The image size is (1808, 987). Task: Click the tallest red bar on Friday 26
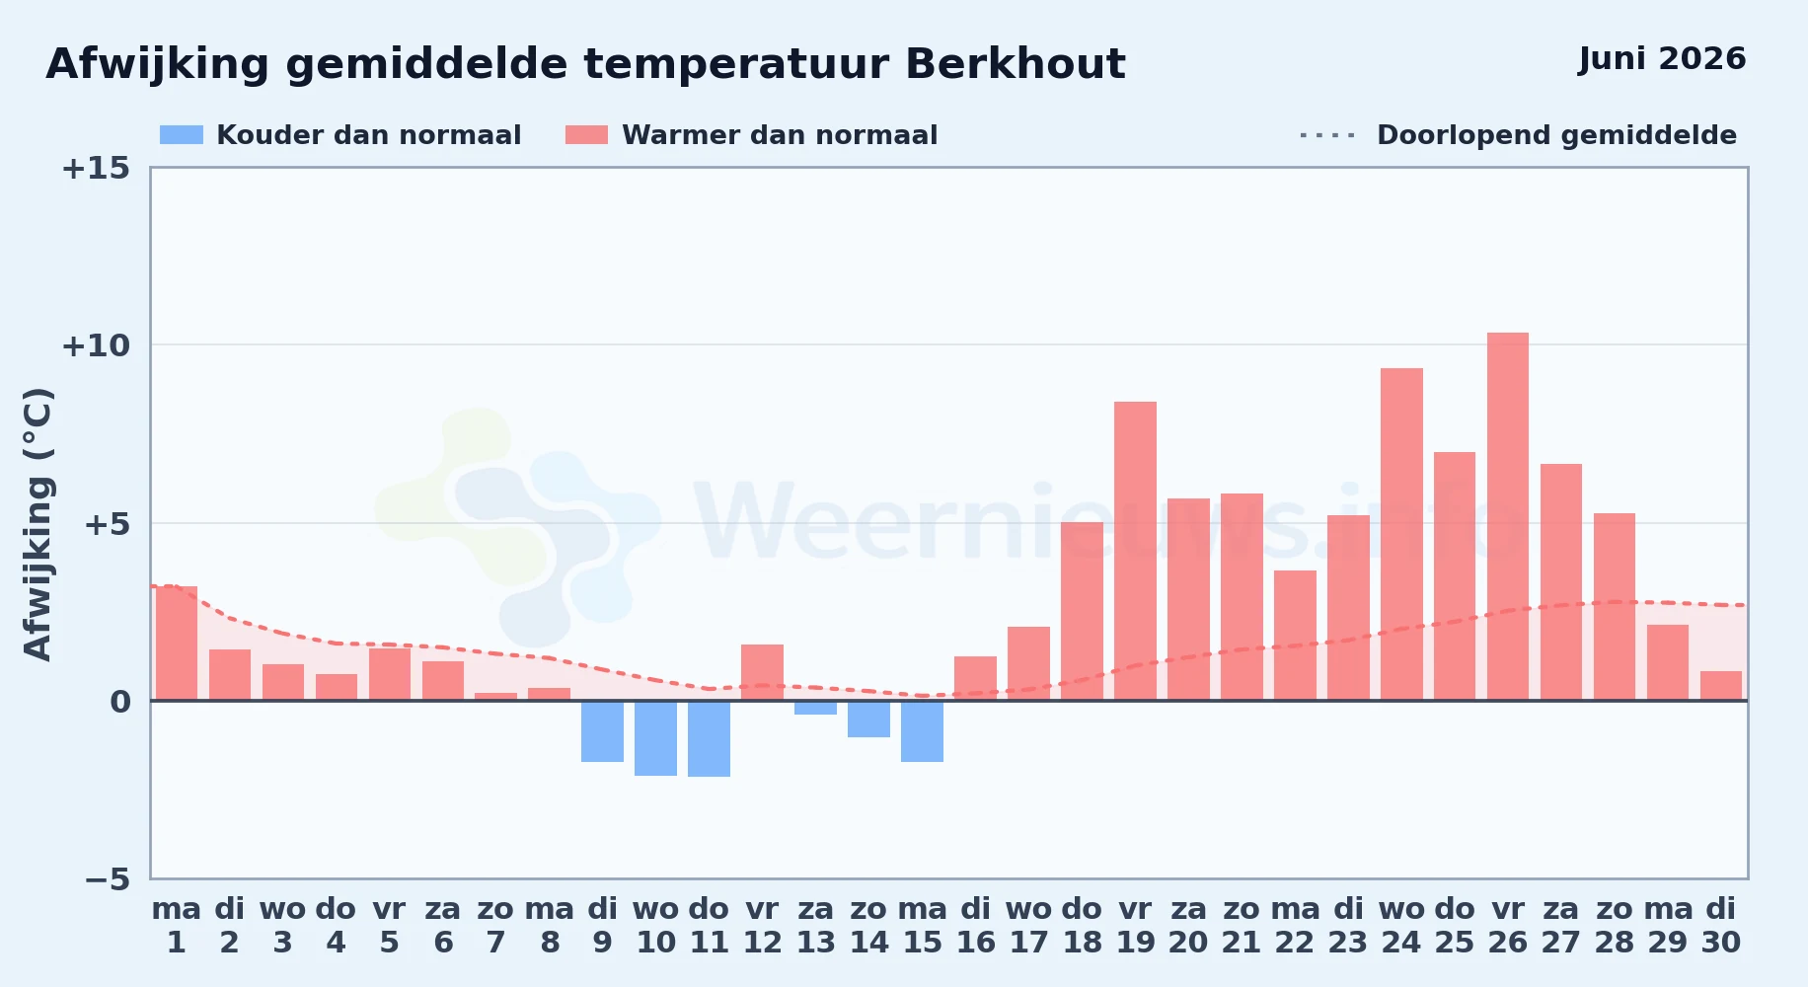[x=1508, y=516]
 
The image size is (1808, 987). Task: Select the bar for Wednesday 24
[x=1401, y=534]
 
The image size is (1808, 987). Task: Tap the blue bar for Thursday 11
[x=709, y=738]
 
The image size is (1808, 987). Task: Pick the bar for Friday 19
[x=1135, y=551]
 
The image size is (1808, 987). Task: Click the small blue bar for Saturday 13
[x=815, y=708]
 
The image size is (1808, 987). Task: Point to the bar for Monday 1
[x=177, y=644]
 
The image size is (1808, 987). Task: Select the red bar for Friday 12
[x=762, y=672]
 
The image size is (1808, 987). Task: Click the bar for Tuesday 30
[x=1721, y=686]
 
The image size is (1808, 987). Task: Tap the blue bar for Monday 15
[x=922, y=731]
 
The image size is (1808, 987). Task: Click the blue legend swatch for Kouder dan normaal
[x=182, y=135]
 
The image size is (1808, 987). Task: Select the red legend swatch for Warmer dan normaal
[x=586, y=135]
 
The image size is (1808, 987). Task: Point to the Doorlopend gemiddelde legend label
[x=1556, y=135]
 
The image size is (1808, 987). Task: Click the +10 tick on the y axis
[x=96, y=345]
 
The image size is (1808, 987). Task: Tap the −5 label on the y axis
[x=107, y=878]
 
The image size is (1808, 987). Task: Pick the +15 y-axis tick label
[x=96, y=168]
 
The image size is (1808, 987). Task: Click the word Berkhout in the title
[x=1015, y=64]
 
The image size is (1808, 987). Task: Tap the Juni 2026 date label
[x=1662, y=58]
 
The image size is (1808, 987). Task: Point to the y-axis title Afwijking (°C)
[x=38, y=524]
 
